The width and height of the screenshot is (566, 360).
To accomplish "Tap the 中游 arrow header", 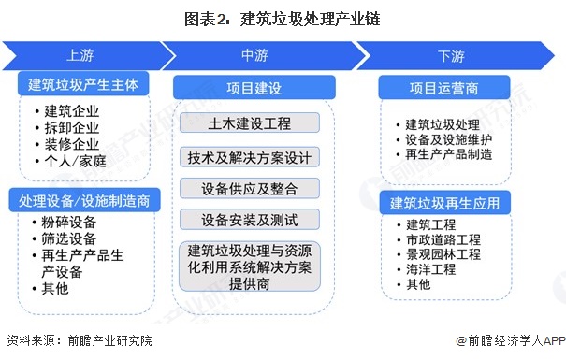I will click(x=254, y=54).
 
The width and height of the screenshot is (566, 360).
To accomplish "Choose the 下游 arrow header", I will click(x=451, y=54).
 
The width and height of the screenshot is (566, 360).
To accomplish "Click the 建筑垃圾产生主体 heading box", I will click(x=83, y=84).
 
